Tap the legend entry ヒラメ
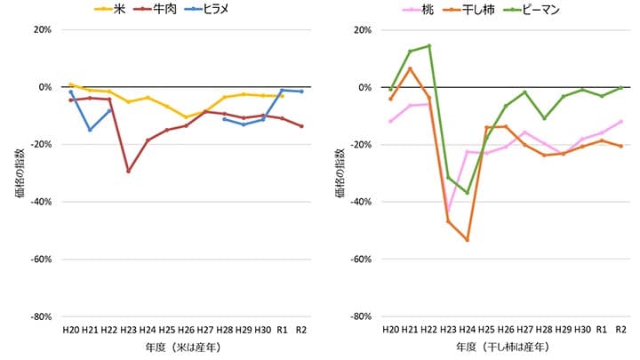(212, 11)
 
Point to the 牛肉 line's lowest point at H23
(129, 171)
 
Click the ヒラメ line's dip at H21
(90, 130)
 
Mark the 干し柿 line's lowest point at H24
(467, 240)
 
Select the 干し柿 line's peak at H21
(410, 68)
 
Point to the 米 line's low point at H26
(186, 117)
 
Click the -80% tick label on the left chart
(40, 316)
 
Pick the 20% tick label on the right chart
(362, 29)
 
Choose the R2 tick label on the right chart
(620, 330)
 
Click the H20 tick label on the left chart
(71, 330)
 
